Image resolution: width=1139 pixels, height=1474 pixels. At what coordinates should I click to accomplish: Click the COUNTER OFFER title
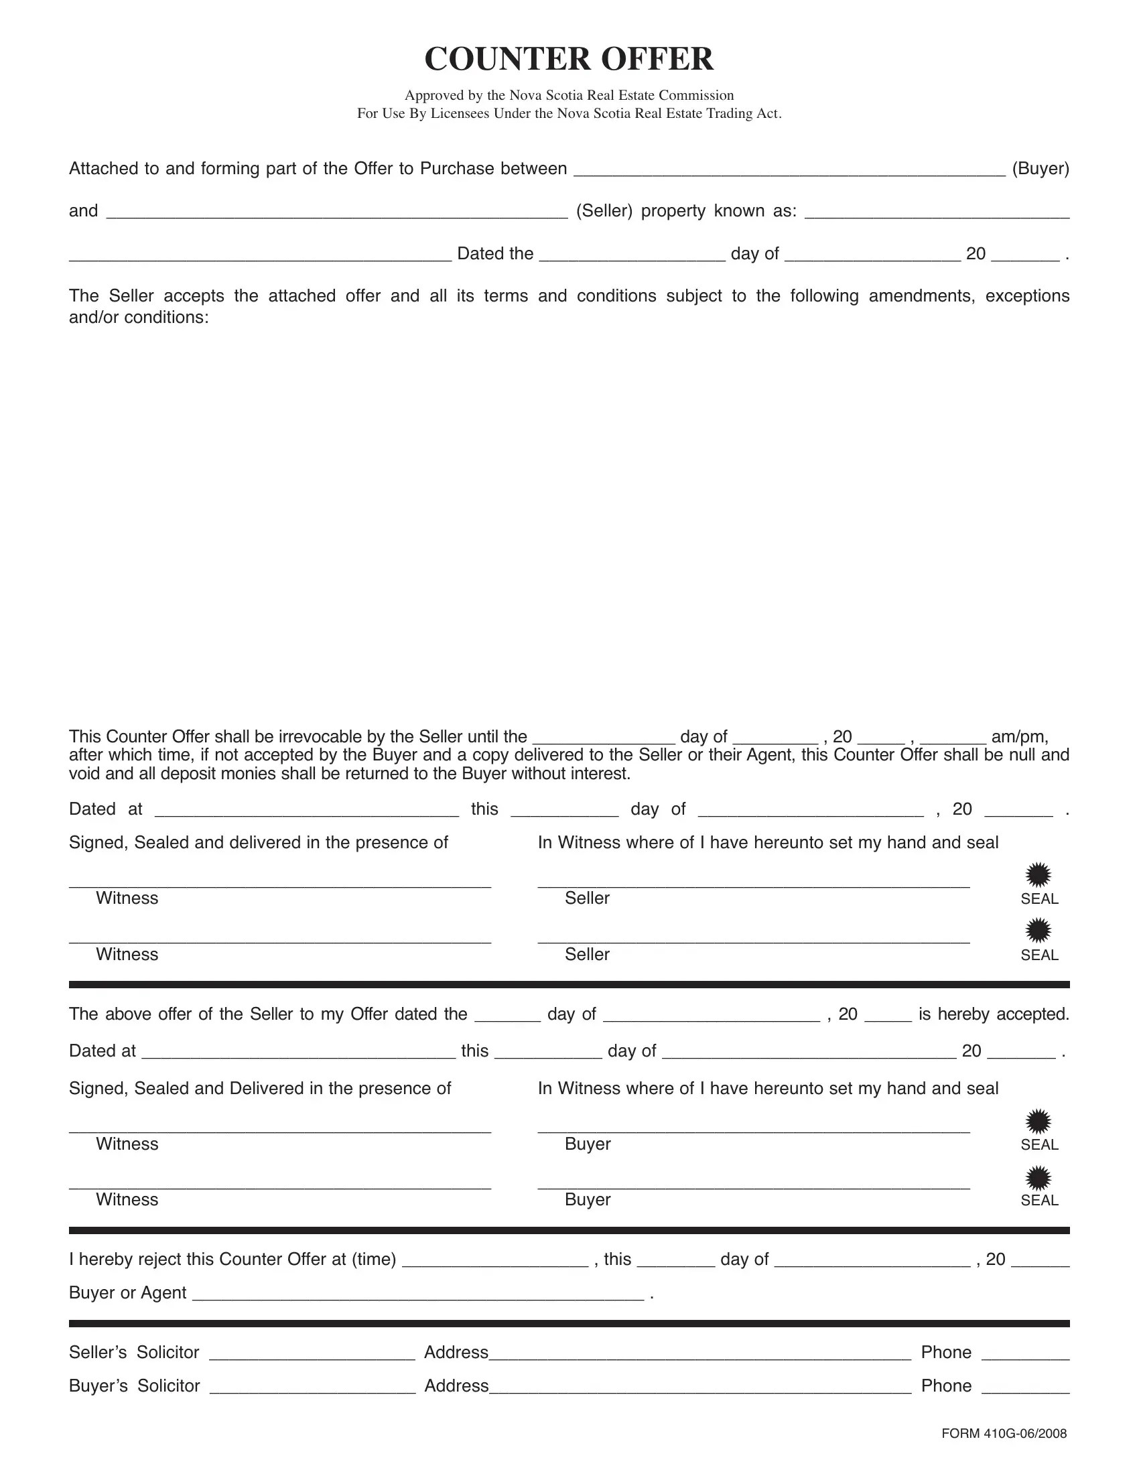tap(569, 59)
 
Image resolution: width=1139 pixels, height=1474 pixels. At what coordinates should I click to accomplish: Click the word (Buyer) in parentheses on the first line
tap(1041, 168)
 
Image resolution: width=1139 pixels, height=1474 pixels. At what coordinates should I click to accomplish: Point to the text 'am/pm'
tap(1019, 736)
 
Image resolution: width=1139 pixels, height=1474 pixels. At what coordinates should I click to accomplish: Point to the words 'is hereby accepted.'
tap(994, 1014)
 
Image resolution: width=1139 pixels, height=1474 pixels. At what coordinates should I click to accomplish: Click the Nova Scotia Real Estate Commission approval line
tap(569, 95)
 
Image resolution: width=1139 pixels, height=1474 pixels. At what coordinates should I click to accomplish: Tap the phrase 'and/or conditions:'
tap(139, 317)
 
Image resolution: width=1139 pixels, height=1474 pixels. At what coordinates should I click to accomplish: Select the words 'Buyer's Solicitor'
tap(134, 1386)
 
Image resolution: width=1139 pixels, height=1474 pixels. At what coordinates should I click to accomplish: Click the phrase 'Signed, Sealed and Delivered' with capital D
tap(260, 1088)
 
